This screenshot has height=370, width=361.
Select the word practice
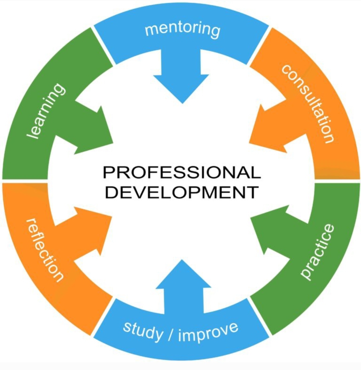318,252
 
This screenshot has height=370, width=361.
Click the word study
143,330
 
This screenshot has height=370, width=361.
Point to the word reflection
44,250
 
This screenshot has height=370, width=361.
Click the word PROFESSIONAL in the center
182,172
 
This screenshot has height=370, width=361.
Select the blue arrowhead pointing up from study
183,274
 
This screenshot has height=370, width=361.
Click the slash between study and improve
171,334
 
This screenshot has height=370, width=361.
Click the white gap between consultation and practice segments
337,181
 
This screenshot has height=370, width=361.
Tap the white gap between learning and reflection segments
25,181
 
